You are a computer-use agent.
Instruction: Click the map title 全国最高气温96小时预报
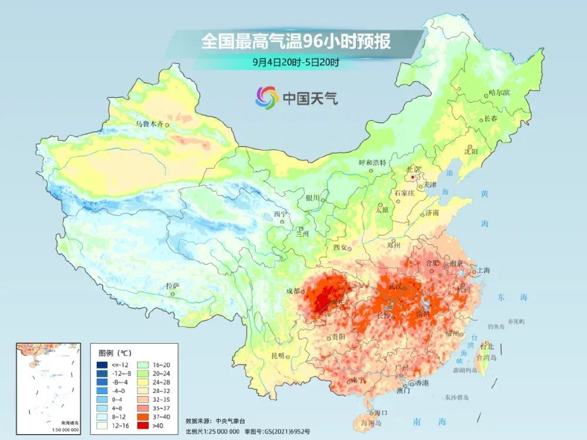[x=296, y=42]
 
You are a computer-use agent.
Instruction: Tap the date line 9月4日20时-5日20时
[x=296, y=61]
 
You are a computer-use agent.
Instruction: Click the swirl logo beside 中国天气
[x=267, y=97]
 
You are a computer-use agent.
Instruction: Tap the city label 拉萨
[x=172, y=285]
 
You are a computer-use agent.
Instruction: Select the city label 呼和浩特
[x=373, y=163]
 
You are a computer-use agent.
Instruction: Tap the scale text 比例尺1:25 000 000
[x=212, y=431]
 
